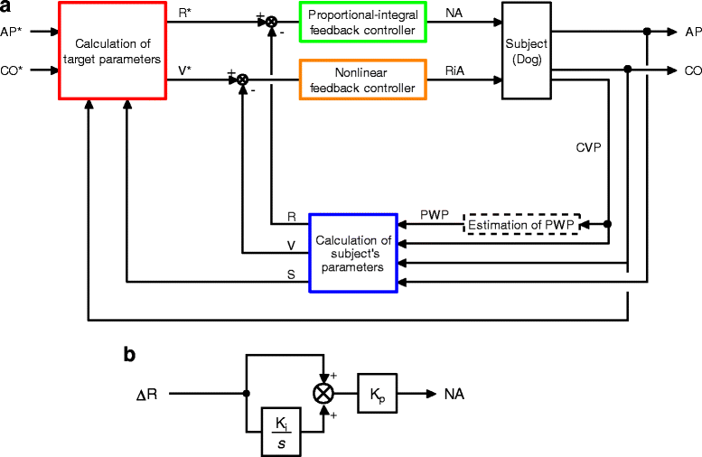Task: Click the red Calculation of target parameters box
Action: pos(113,51)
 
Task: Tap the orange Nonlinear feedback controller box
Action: pos(362,80)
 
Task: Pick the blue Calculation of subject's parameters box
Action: pos(353,253)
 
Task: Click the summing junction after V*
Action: pos(242,80)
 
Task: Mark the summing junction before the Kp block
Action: pos(322,394)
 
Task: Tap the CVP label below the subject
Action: pos(588,145)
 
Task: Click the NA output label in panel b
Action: pos(454,395)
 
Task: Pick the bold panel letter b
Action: pos(129,356)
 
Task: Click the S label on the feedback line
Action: pos(291,275)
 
